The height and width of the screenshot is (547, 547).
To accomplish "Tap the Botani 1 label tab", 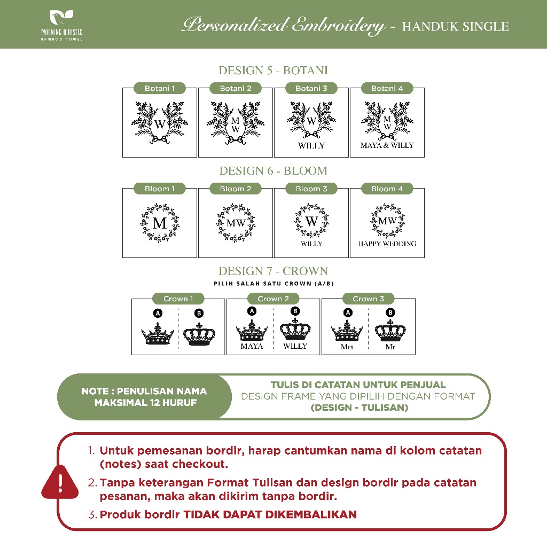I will pyautogui.click(x=160, y=88).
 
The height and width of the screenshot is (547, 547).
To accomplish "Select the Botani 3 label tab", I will pyautogui.click(x=311, y=88).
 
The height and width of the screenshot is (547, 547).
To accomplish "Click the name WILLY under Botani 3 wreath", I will pyautogui.click(x=311, y=145).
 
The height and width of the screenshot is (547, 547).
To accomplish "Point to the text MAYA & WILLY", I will pyautogui.click(x=387, y=145).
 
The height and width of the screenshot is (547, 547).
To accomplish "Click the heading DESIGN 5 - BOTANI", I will pyautogui.click(x=273, y=71).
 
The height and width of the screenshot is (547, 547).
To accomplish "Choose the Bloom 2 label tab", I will pyautogui.click(x=235, y=189).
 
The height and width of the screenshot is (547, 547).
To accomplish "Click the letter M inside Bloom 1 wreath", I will pyautogui.click(x=160, y=223).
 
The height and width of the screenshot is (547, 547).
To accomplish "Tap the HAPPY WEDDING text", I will pyautogui.click(x=387, y=244).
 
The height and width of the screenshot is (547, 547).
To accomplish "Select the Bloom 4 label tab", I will pyautogui.click(x=387, y=189).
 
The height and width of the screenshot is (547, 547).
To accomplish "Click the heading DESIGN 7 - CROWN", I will pyautogui.click(x=273, y=271).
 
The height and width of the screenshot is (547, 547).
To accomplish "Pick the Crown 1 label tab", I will pyautogui.click(x=178, y=299).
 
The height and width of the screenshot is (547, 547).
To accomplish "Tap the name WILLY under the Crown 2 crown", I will pyautogui.click(x=295, y=346).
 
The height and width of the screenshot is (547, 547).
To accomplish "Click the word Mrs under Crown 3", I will pyautogui.click(x=347, y=347).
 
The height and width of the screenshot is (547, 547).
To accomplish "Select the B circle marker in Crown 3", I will pyautogui.click(x=390, y=313).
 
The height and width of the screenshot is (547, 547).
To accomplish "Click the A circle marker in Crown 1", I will pyautogui.click(x=158, y=313).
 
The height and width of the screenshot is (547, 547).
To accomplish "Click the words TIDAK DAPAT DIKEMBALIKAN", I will pyautogui.click(x=270, y=515).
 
